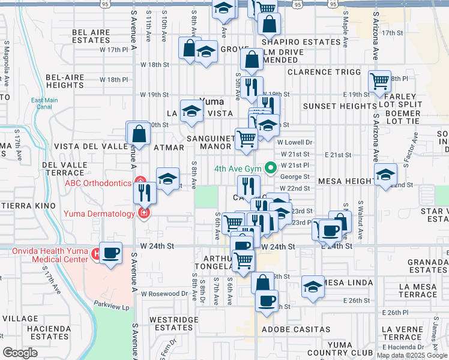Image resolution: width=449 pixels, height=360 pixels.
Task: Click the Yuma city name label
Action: pyautogui.click(x=211, y=102)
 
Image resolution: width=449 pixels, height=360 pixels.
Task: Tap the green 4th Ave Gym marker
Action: pyautogui.click(x=270, y=167)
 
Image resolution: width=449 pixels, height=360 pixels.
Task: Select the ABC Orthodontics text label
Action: pyautogui.click(x=100, y=183)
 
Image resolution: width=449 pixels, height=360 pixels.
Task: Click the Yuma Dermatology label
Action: pyautogui.click(x=101, y=212)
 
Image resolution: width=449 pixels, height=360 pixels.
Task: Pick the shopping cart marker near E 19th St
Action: pyautogui.click(x=379, y=80)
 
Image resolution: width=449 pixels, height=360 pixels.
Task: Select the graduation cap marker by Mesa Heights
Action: pyautogui.click(x=385, y=175)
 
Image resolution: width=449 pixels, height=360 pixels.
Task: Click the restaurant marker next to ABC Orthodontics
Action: pyautogui.click(x=145, y=193)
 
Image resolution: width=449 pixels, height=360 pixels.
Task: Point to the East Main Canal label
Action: pyautogui.click(x=45, y=104)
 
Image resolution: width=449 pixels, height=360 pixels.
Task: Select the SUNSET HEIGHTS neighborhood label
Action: pyautogui.click(x=340, y=106)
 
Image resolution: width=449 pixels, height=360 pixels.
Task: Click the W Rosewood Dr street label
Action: pyautogui.click(x=165, y=294)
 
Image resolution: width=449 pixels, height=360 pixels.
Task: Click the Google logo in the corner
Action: pyautogui.click(x=20, y=352)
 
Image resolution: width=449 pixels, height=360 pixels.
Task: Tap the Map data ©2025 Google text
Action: pyautogui.click(x=411, y=355)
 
